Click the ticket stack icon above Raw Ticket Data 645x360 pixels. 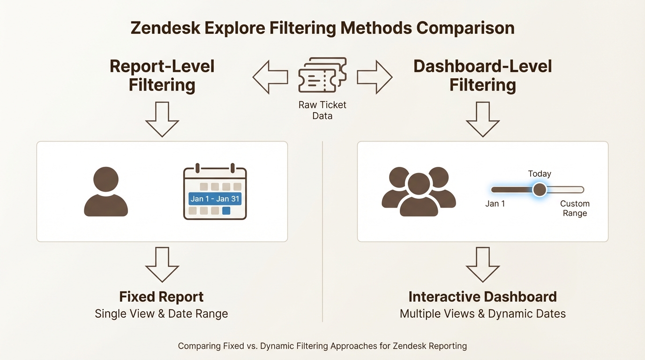pyautogui.click(x=322, y=75)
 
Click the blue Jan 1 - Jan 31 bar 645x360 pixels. pyautogui.click(x=215, y=199)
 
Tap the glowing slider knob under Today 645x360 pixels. pyautogui.click(x=540, y=190)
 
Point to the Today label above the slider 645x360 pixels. pyautogui.click(x=540, y=174)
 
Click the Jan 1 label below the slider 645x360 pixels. pyautogui.click(x=495, y=204)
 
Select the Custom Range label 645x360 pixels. pyautogui.click(x=575, y=209)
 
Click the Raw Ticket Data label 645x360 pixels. pyautogui.click(x=322, y=110)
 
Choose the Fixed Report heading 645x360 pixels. pyautogui.click(x=161, y=297)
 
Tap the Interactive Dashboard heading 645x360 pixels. pyautogui.click(x=482, y=297)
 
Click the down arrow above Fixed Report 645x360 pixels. pyautogui.click(x=162, y=264)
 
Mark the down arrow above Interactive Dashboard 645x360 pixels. pyautogui.click(x=482, y=264)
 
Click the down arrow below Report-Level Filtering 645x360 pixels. pyautogui.click(x=162, y=119)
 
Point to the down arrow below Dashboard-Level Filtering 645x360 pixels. pyautogui.click(x=482, y=119)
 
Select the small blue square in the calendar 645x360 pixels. pyautogui.click(x=226, y=211)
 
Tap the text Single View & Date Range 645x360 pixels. pyautogui.click(x=161, y=314)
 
